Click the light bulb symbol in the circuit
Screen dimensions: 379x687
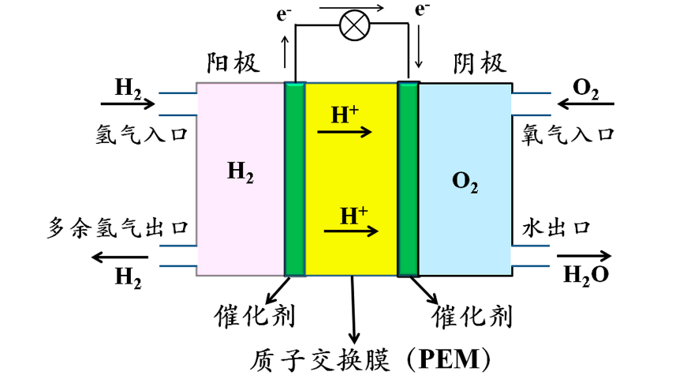click(354, 28)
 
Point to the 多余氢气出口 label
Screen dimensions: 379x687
click(118, 229)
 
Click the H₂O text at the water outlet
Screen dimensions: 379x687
click(585, 275)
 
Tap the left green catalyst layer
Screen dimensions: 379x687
click(294, 178)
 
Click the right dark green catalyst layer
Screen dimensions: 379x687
click(408, 178)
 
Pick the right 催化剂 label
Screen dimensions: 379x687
click(472, 317)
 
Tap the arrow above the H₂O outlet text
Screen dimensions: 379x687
click(584, 256)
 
